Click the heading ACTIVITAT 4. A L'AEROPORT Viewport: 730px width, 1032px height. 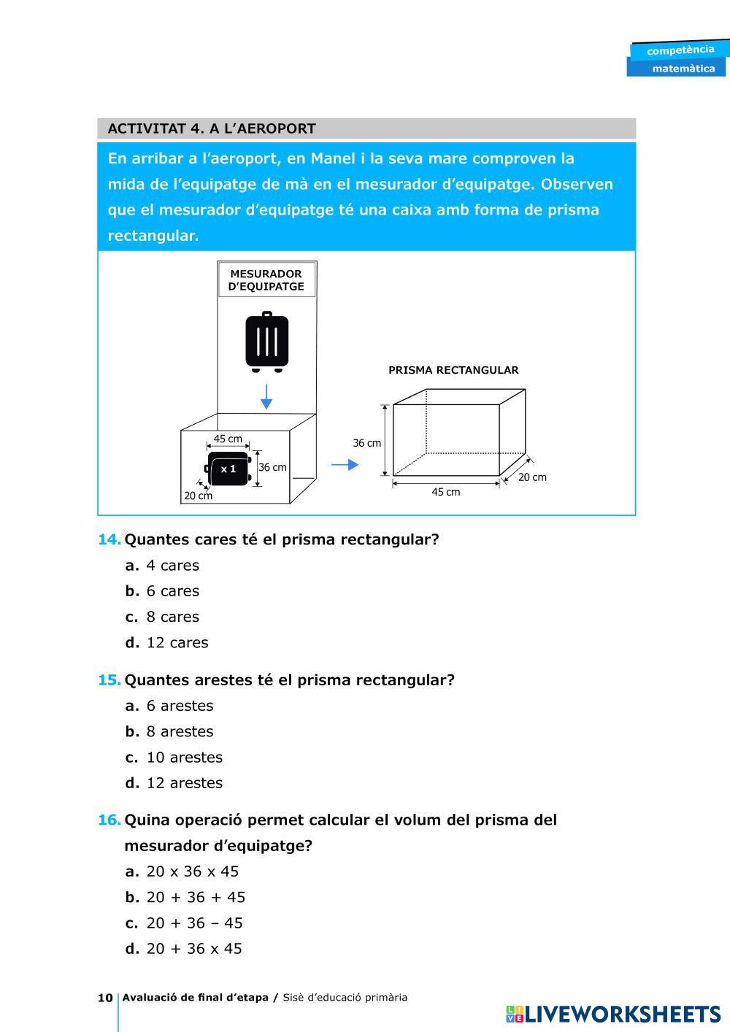pos(212,129)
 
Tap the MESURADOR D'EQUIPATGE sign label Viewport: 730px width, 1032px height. pos(266,280)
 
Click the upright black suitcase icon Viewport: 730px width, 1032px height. pos(266,342)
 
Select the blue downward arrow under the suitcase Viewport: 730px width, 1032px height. pos(266,396)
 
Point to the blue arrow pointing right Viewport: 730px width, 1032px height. pos(345,465)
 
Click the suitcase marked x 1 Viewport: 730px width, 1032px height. pos(228,469)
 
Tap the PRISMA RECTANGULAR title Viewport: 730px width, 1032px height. pos(453,370)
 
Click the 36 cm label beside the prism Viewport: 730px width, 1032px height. pos(367,443)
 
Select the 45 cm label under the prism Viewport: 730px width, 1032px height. pos(446,492)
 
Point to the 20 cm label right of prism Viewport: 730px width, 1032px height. pos(532,477)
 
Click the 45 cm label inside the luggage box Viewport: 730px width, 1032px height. pos(228,439)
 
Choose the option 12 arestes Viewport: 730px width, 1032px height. pos(184,783)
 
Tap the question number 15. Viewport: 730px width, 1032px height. pos(109,680)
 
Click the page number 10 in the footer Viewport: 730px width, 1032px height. pos(105,998)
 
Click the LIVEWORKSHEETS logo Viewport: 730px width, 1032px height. pos(612,1014)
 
